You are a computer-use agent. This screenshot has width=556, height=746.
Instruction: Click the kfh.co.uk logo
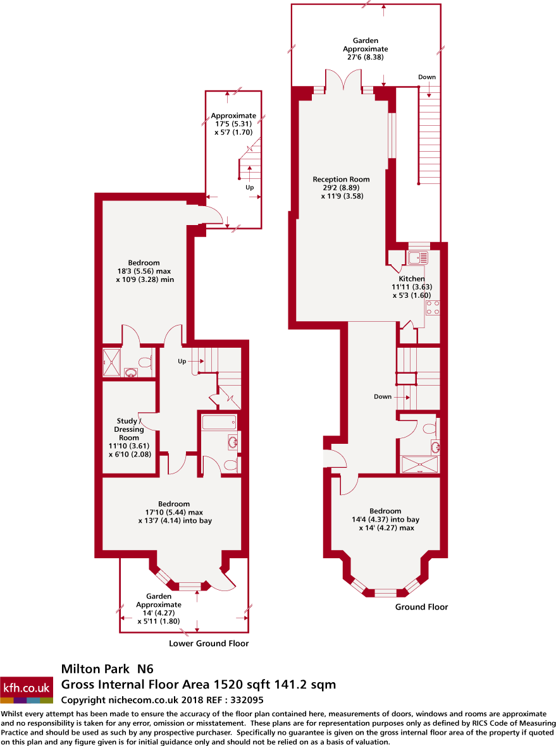coord(27,688)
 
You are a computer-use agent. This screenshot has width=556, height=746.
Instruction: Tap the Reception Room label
coord(342,187)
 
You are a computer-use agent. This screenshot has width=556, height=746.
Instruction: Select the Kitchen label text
coord(411,278)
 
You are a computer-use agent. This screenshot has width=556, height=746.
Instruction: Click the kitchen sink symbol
coord(417,257)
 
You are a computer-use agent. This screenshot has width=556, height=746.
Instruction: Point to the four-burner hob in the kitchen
coord(433,308)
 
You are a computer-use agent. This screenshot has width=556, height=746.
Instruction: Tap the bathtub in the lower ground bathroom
coord(219,422)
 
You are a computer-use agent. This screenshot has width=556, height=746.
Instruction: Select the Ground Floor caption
coord(421,607)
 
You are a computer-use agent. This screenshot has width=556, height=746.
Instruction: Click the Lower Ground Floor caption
coord(209,644)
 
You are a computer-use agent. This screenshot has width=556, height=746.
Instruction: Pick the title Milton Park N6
coord(107,668)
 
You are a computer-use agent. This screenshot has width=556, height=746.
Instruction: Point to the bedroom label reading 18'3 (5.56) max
coord(144,271)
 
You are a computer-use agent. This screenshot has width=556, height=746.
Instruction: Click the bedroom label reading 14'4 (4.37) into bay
coord(385,519)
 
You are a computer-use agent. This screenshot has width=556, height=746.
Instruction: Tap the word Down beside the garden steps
coord(427,77)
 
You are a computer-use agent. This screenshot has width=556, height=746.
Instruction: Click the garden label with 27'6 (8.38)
coord(365,49)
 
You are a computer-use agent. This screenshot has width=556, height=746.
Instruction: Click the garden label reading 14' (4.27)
coord(159,608)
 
